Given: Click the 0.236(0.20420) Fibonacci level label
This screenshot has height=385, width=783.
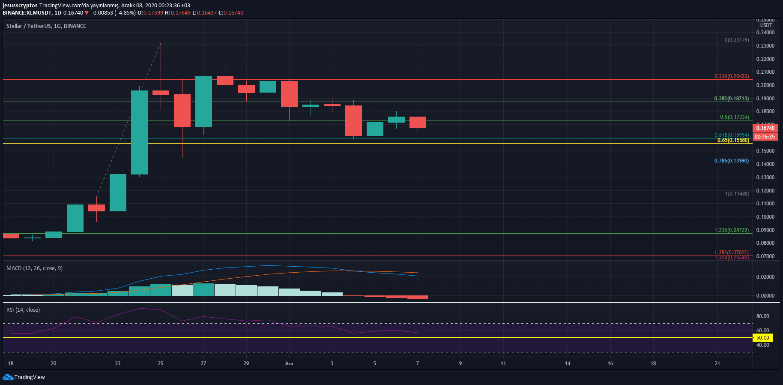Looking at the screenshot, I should (x=732, y=76).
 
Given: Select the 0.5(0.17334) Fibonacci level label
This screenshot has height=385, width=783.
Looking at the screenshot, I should (x=735, y=117).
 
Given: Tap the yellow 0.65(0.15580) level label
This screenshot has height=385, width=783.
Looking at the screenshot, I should (x=733, y=140).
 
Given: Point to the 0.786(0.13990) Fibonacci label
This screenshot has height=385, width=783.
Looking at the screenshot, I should (x=732, y=161).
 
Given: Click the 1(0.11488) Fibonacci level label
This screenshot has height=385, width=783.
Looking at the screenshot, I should (x=737, y=194).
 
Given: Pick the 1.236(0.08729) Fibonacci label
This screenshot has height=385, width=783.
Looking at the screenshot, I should (x=732, y=230).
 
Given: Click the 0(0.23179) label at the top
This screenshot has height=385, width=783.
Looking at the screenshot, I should (x=737, y=40).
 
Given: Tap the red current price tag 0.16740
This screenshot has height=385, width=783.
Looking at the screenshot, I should (x=765, y=128).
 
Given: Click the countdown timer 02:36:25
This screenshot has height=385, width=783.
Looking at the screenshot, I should (x=765, y=137).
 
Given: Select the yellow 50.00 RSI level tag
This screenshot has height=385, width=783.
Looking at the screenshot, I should (x=762, y=338).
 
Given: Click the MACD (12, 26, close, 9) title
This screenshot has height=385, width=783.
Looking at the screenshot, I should (x=34, y=268).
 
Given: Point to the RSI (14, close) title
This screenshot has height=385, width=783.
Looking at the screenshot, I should (x=23, y=310).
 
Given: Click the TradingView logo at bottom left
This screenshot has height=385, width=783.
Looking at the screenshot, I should (x=24, y=377).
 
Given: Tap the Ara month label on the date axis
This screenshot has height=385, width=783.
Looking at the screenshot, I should (x=289, y=364).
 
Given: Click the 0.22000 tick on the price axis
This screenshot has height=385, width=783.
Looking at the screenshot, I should (x=765, y=59).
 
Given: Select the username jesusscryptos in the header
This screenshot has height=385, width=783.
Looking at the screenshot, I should (x=20, y=6).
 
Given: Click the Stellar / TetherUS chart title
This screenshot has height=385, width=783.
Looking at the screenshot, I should (x=46, y=26).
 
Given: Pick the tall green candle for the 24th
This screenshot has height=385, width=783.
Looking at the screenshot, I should (x=139, y=132).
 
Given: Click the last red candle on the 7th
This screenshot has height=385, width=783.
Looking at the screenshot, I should (x=418, y=122).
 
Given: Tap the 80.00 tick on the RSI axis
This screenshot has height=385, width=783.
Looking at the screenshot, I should (x=762, y=316).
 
